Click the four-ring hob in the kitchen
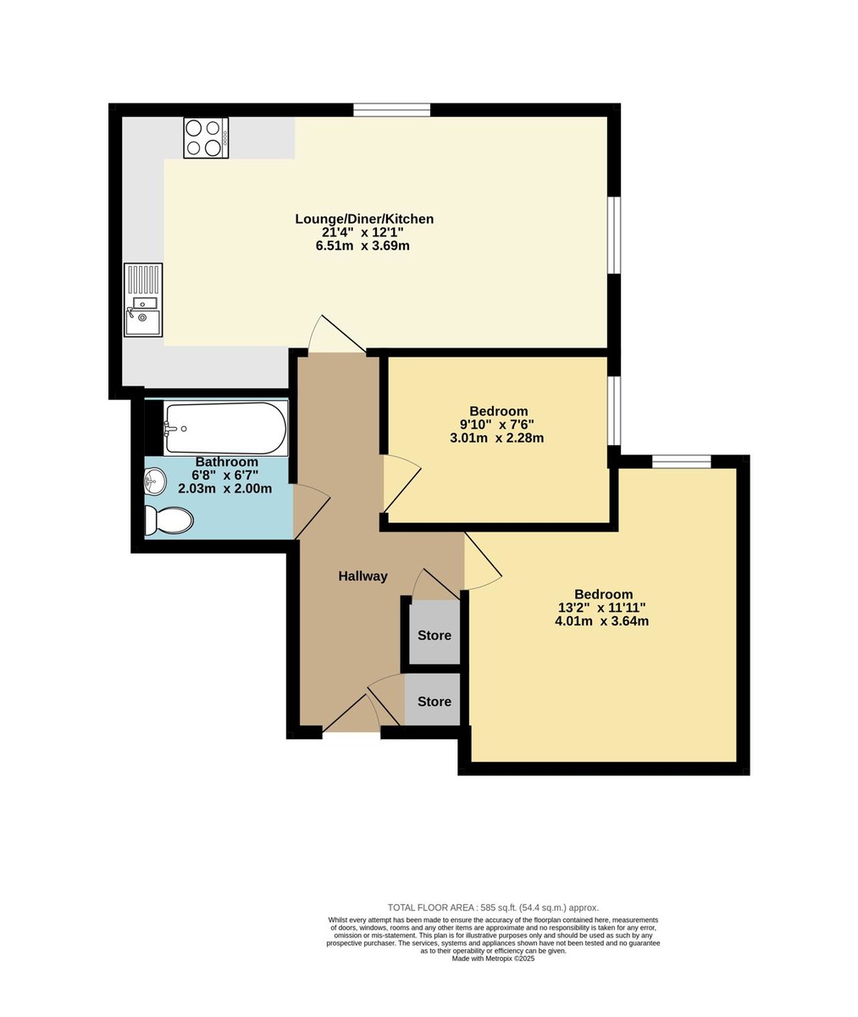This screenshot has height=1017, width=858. [x=206, y=138]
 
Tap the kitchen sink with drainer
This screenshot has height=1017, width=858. [x=143, y=300]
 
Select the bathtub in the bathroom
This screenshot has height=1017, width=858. [x=225, y=428]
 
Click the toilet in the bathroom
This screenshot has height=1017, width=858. [x=168, y=520]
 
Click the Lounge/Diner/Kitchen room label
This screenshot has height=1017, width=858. [x=364, y=219]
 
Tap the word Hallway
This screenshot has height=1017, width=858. [x=363, y=576]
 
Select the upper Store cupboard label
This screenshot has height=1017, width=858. [x=435, y=635]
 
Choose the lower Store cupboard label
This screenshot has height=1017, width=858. [x=435, y=702]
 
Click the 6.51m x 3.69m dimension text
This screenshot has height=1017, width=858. [x=364, y=246]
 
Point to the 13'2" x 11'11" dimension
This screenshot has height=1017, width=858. [x=602, y=608]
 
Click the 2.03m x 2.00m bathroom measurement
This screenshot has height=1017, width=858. [x=224, y=488]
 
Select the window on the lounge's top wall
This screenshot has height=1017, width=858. [x=392, y=109]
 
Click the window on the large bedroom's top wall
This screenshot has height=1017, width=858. [x=681, y=461]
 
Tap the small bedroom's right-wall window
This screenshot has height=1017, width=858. [x=614, y=410]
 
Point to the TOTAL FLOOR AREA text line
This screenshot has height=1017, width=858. [x=493, y=907]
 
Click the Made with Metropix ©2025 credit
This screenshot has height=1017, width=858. [x=493, y=959]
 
